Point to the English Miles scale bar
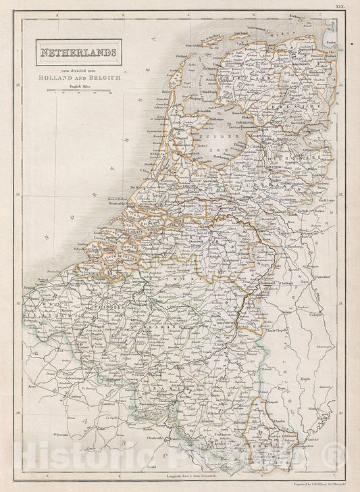[81, 91]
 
